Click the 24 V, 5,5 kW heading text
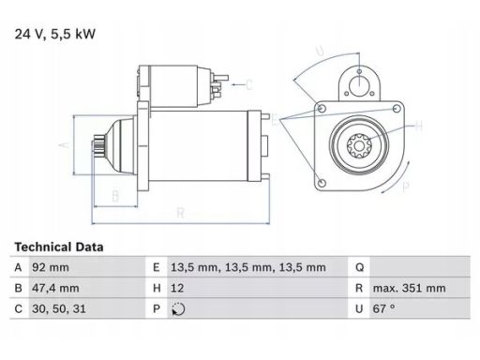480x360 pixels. [x=55, y=34]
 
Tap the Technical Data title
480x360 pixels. [x=59, y=247]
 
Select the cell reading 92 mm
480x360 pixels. [x=51, y=267]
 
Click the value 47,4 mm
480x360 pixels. [x=55, y=288]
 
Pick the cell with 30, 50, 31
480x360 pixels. [x=59, y=308]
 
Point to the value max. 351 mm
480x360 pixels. [x=409, y=288]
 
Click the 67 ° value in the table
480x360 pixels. [x=383, y=308]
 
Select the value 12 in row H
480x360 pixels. [x=177, y=288]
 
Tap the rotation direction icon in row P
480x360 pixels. [x=178, y=309]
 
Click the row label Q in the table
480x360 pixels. [x=360, y=268]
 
